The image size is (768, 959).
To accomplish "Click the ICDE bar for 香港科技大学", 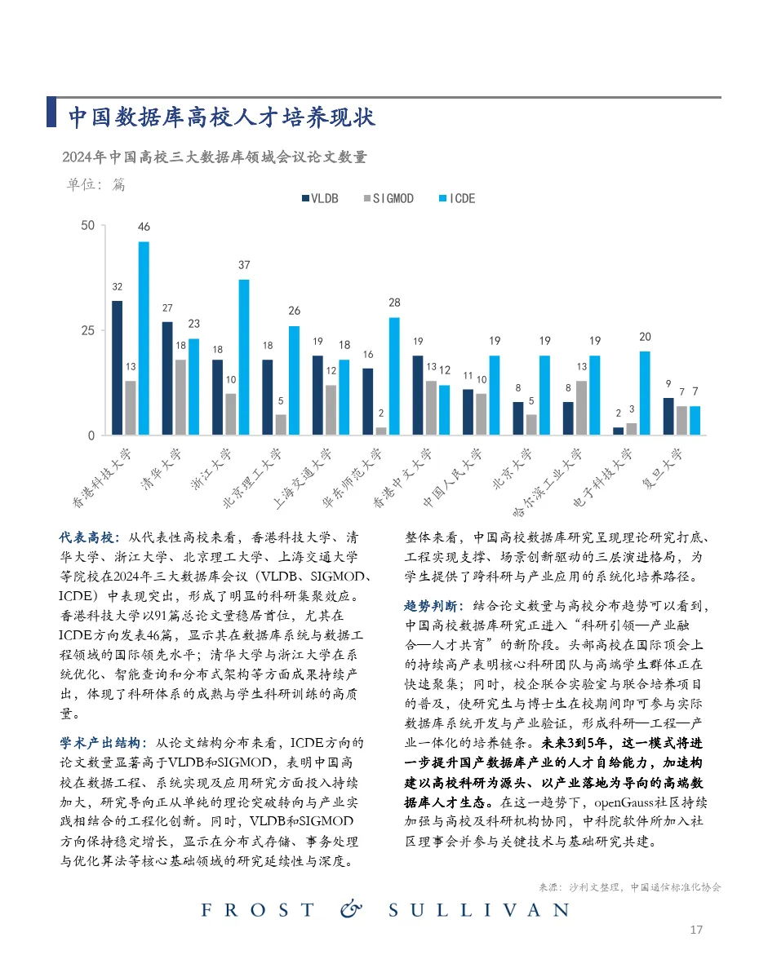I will pyautogui.click(x=144, y=338).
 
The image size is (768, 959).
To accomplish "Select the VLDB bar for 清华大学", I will pyautogui.click(x=167, y=378).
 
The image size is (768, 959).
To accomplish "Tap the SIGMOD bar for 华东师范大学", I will pyautogui.click(x=381, y=431).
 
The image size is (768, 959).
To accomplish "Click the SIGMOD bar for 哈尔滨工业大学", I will pyautogui.click(x=581, y=408).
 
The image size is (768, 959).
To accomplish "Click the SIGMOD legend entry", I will pyautogui.click(x=388, y=198).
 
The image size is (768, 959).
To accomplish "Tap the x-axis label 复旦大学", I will pyautogui.click(x=662, y=468).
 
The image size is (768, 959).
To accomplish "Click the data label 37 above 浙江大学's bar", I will pyautogui.click(x=243, y=266).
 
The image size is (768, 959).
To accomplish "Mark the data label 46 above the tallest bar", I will pyautogui.click(x=144, y=227).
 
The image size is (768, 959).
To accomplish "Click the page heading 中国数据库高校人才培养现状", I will pyautogui.click(x=221, y=117).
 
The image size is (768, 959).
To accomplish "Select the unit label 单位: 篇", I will pyautogui.click(x=95, y=184).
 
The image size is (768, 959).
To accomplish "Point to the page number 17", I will pyautogui.click(x=696, y=930).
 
